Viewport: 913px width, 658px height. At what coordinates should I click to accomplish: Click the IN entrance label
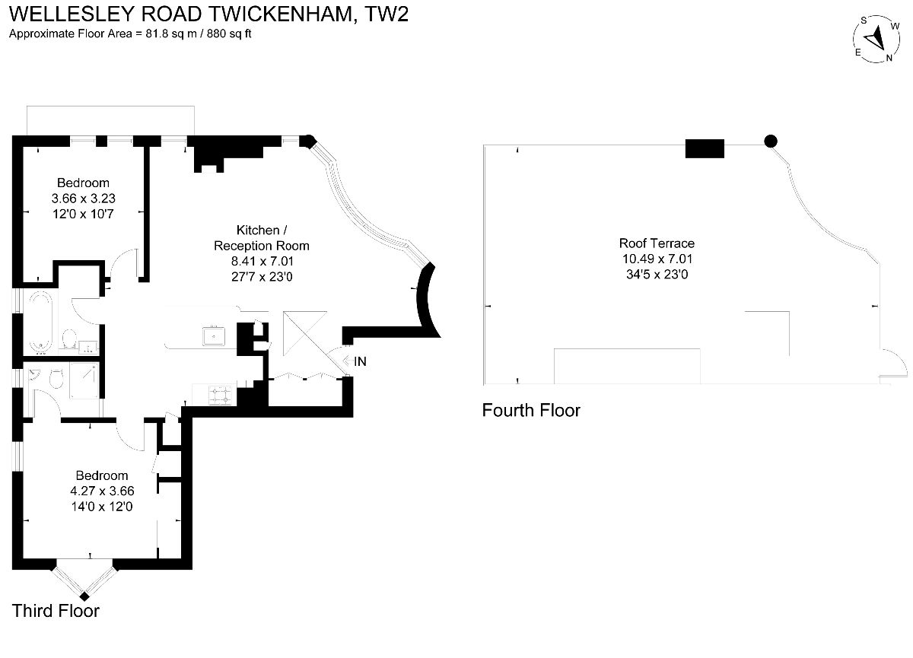360,361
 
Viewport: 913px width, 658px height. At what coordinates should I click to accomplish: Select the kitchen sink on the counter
214,335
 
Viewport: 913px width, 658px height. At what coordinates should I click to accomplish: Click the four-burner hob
220,396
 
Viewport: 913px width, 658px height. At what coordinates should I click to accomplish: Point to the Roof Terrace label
657,243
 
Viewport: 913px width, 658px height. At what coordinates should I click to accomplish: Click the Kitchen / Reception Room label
262,238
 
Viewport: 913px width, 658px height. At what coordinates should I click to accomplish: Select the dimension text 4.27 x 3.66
102,491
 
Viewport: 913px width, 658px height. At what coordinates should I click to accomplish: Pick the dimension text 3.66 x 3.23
83,199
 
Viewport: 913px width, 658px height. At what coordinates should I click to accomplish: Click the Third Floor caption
56,611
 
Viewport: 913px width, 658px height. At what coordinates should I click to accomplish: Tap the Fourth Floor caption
531,410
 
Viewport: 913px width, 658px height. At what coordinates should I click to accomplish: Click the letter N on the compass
889,58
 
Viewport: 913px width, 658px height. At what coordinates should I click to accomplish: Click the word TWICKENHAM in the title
281,14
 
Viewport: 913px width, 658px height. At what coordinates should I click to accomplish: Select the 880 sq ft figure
229,33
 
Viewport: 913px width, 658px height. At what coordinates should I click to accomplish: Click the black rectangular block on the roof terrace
705,148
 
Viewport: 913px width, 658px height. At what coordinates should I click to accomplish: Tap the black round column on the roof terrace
770,141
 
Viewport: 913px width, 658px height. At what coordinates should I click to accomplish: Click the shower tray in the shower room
84,380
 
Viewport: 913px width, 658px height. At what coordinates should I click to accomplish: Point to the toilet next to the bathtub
69,339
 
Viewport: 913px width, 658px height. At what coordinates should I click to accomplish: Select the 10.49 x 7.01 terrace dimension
657,259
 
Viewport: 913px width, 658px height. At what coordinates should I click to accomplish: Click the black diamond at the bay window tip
84,596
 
